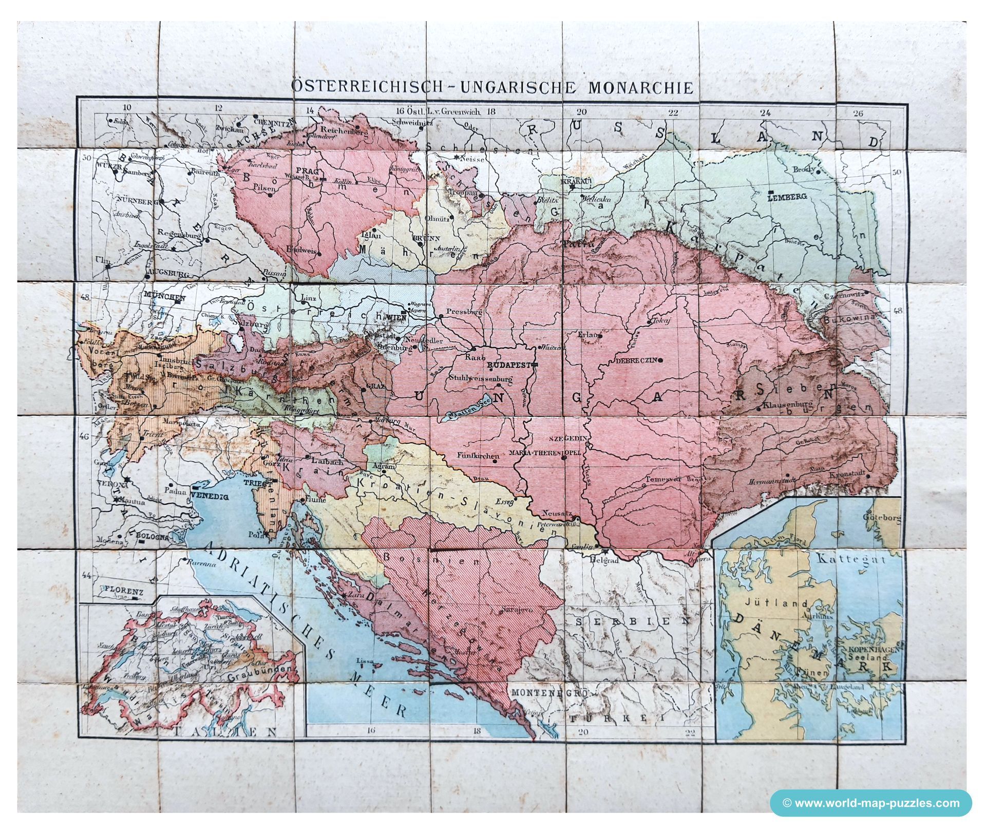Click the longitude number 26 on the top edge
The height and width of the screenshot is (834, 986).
857,113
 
